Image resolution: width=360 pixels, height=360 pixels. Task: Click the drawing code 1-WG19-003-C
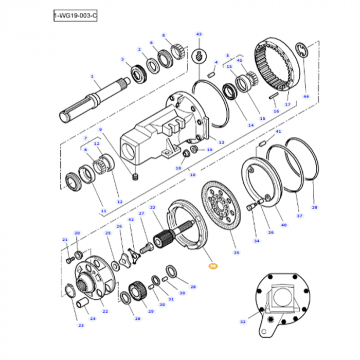coord(75,17)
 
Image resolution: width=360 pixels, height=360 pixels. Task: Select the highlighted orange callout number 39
coord(212,266)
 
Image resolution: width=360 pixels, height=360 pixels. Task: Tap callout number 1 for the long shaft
coord(93,77)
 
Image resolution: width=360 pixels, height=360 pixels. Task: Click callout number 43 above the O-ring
coord(199,34)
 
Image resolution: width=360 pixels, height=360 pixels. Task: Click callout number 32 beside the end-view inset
coord(193,175)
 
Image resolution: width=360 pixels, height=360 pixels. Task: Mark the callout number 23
coord(81,325)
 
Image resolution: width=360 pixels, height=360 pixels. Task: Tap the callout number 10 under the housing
coord(193,175)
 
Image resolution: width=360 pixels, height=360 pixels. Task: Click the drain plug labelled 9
coord(135,177)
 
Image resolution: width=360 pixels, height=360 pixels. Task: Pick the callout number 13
coord(222,142)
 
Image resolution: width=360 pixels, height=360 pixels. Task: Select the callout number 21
coord(65,240)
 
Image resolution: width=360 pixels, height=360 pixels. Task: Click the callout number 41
coord(279,132)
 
